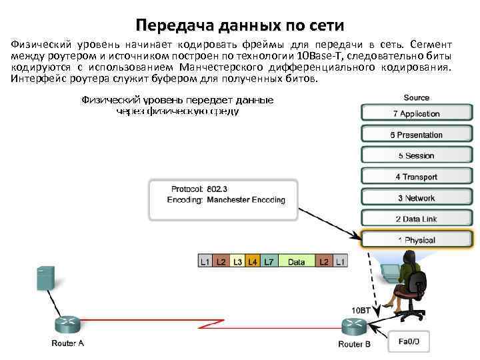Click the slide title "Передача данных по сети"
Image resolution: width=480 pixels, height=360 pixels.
pos(239,26)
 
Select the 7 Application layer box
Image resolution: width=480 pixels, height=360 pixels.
pos(416,114)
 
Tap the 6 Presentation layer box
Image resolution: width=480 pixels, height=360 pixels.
pos(416,135)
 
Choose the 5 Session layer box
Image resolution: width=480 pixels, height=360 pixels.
pos(416,156)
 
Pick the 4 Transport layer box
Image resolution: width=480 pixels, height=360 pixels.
pos(416,177)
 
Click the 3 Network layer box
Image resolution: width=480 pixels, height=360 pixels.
pos(416,198)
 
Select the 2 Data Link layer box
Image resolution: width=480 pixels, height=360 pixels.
pos(416,219)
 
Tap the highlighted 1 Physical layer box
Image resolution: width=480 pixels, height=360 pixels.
pos(416,240)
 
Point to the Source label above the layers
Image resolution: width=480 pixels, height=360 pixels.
pos(416,97)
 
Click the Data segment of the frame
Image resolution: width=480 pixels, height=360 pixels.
pos(296,262)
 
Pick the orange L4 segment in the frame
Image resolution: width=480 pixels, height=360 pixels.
pos(253,262)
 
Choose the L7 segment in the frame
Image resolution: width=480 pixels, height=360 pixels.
pos(268,262)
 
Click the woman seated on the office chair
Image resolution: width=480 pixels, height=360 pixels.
pos(409,280)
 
